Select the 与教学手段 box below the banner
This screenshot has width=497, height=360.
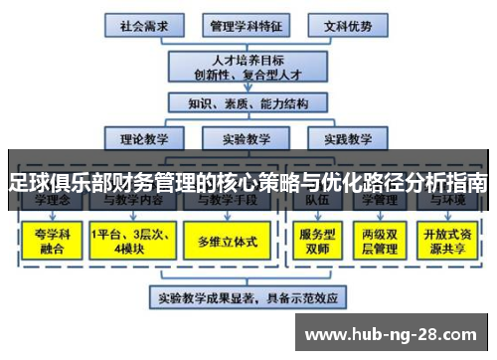[226, 200]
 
